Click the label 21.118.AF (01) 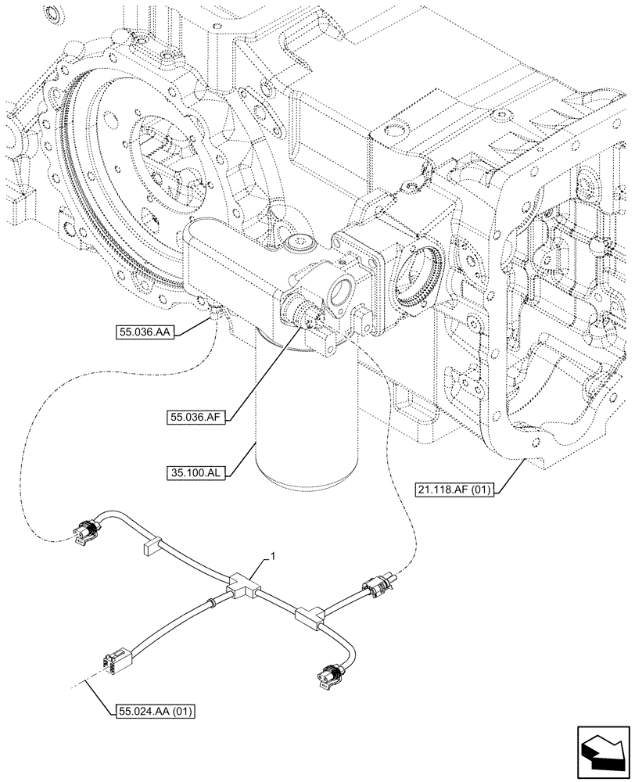453,491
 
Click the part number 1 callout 271,555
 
